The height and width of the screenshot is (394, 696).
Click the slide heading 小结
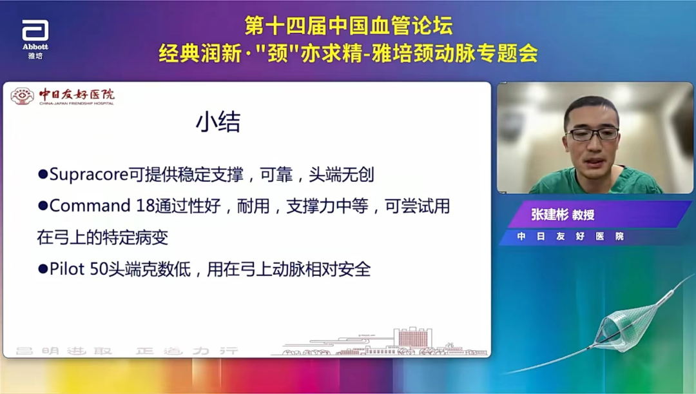click(x=218, y=123)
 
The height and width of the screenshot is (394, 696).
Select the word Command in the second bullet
click(x=90, y=206)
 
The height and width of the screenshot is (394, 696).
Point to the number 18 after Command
click(x=146, y=206)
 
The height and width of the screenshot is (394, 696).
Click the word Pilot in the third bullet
click(x=68, y=269)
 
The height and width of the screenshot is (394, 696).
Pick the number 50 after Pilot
click(x=99, y=269)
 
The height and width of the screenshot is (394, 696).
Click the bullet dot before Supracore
click(x=43, y=174)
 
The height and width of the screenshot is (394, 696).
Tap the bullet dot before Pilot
click(x=43, y=268)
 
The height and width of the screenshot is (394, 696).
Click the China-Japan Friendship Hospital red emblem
click(x=22, y=97)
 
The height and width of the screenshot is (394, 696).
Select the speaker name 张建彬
click(x=549, y=215)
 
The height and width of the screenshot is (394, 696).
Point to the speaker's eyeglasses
click(x=592, y=134)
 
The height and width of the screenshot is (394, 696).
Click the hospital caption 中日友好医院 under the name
click(x=570, y=237)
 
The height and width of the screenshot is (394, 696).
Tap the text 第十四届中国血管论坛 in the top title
click(x=349, y=26)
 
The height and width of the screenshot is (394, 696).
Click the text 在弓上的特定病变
click(x=102, y=237)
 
